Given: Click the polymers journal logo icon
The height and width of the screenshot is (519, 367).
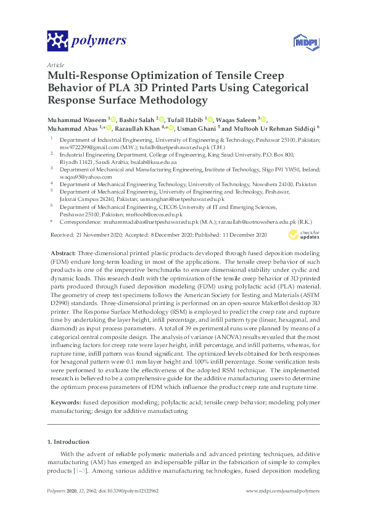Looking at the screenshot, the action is click(57, 41).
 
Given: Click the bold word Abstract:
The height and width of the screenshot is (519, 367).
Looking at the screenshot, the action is click(63, 253).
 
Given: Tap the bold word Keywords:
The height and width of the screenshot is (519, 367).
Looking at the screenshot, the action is click(65, 402).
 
